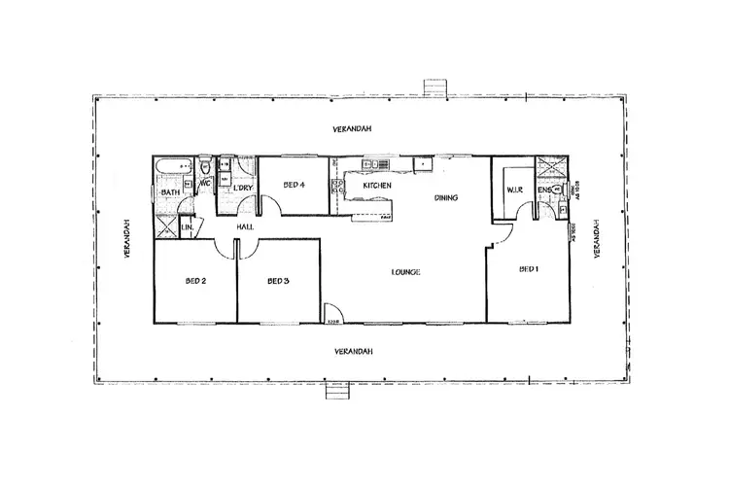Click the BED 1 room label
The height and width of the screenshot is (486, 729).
(528, 269)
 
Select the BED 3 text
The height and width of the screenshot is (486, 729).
(279, 282)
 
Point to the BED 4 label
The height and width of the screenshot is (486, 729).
(295, 185)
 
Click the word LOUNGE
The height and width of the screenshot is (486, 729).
(405, 272)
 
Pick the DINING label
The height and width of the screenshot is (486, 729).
(445, 198)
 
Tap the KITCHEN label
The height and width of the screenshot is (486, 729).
(377, 185)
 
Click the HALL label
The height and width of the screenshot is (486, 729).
(246, 227)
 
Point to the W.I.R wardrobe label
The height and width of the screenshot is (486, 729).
(515, 190)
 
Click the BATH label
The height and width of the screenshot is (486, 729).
(171, 193)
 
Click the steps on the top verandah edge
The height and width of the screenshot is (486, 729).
(431, 87)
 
